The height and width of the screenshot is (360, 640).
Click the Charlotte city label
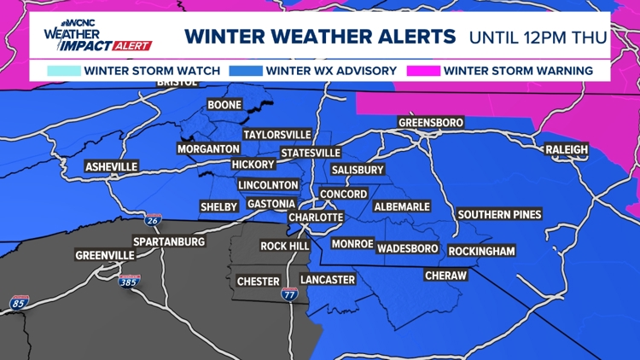[316, 218]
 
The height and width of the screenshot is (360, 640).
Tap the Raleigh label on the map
[567, 150]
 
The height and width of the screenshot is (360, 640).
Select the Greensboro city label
[431, 123]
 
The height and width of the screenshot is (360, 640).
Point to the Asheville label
[111, 166]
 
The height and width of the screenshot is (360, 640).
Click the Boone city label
[224, 106]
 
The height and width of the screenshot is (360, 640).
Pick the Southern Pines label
[499, 214]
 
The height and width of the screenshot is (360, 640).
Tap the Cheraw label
[446, 276]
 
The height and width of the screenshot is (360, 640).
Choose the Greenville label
[105, 255]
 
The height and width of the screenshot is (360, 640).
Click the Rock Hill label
[285, 246]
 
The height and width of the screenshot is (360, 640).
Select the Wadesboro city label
[407, 248]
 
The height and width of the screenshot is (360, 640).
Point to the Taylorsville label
[276, 135]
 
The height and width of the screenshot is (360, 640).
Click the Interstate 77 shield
[289, 293]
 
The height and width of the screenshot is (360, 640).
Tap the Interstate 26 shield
[153, 220]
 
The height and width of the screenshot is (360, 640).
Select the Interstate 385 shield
[129, 282]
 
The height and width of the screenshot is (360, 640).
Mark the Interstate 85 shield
[18, 302]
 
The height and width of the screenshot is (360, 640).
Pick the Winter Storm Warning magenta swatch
[423, 71]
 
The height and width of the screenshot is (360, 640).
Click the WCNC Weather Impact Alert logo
[96, 35]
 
